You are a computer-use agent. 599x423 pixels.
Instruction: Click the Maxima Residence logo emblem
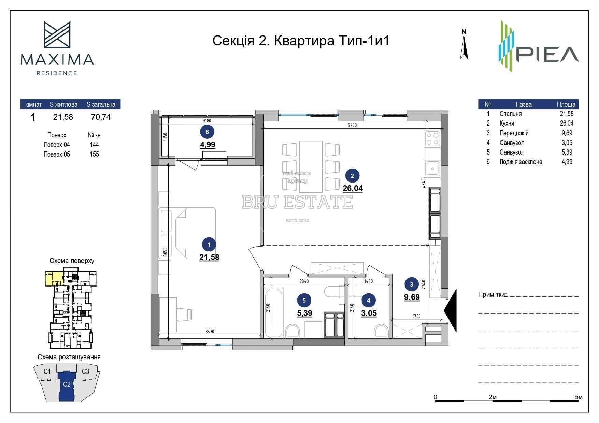coord(57,34)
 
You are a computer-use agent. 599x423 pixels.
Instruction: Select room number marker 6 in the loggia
coord(208,131)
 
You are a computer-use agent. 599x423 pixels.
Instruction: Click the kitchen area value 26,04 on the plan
coord(353,188)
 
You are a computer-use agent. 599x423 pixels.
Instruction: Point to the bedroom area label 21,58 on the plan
coord(209,257)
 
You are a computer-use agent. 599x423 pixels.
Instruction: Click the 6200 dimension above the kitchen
coord(352,125)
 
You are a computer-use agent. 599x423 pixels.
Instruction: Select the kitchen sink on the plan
coord(433,169)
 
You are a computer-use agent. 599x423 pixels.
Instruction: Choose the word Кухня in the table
coord(507,123)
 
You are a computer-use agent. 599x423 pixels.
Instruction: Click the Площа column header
coord(566,104)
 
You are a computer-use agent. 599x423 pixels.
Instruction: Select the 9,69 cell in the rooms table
coord(567,133)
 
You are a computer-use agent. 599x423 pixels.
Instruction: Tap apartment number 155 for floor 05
coord(94,154)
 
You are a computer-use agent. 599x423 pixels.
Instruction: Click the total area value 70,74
coord(101,117)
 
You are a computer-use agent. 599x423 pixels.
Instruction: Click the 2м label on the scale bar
coord(493,397)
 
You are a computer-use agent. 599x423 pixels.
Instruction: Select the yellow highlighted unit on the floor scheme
coord(53,278)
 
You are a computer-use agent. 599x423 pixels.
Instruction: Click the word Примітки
coord(492,294)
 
